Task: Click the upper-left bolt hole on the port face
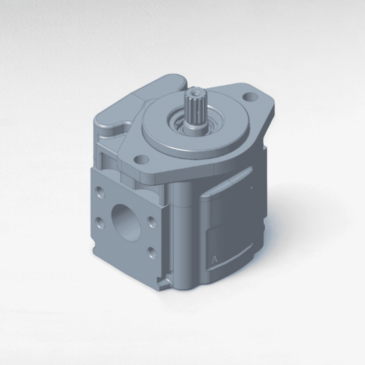pyautogui.click(x=101, y=192)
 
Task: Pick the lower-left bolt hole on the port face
pyautogui.click(x=101, y=223)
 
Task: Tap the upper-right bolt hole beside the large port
pyautogui.click(x=153, y=222)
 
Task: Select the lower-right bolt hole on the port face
pyautogui.click(x=153, y=252)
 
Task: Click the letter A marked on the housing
pyautogui.click(x=214, y=260)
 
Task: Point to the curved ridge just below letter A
pyautogui.click(x=231, y=261)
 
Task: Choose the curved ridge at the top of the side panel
pyautogui.click(x=227, y=184)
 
